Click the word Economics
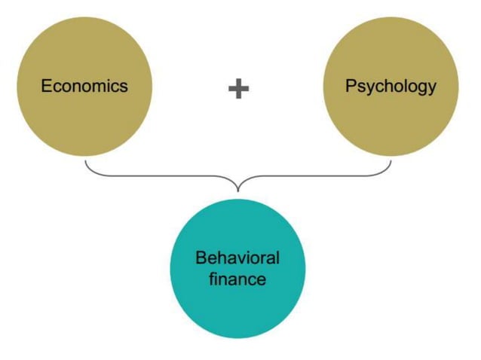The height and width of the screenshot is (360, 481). tap(84, 85)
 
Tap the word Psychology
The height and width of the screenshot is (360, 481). tap(391, 85)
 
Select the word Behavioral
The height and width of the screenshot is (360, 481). tap(237, 258)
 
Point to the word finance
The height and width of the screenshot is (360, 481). tap(237, 279)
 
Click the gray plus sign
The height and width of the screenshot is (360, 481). tap(238, 89)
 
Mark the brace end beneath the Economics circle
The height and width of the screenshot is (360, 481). tap(86, 160)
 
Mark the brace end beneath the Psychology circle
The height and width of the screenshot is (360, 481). tap(391, 160)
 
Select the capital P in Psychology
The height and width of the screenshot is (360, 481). tap(351, 85)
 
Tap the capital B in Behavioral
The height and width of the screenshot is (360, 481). tap(201, 258)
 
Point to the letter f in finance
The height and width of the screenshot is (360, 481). tap(212, 279)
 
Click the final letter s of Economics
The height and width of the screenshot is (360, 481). tap(124, 86)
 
